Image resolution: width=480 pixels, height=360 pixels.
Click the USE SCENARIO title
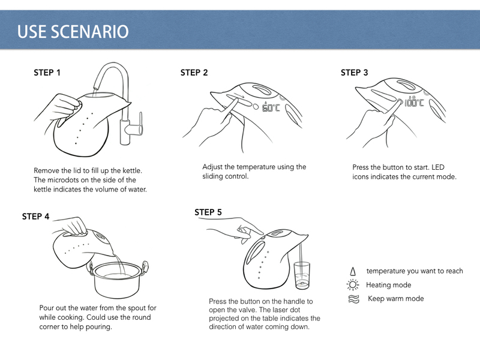click(x=73, y=32)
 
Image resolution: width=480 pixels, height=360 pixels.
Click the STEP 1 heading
click(x=47, y=73)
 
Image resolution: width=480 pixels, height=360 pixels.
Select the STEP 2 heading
click(x=194, y=73)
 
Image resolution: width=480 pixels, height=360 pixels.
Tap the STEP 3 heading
click(x=354, y=73)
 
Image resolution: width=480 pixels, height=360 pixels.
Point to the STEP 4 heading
click(x=35, y=217)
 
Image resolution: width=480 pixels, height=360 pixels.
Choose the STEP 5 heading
click(x=208, y=212)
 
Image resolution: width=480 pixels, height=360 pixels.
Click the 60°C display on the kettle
click(x=271, y=107)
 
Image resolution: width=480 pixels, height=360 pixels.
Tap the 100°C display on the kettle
click(x=414, y=102)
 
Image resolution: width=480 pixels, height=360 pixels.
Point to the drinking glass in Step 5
click(x=302, y=275)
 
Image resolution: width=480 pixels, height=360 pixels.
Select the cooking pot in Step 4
click(x=118, y=279)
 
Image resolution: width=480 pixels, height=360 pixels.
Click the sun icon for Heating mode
click(x=353, y=284)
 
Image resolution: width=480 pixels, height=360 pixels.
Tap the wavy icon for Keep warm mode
click(x=353, y=299)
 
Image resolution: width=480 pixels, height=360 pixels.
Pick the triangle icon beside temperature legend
click(x=353, y=271)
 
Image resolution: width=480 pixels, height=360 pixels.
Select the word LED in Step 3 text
click(x=438, y=167)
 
